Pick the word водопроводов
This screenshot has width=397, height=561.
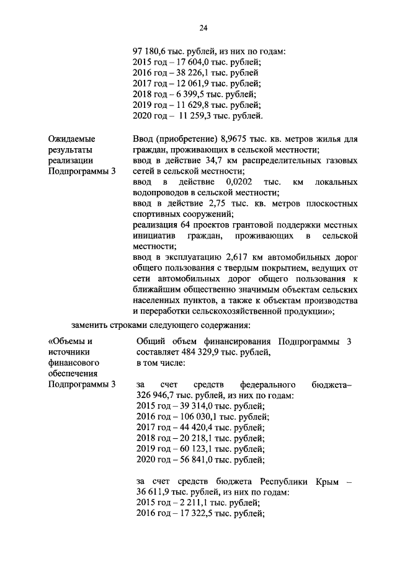(x=161, y=193)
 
